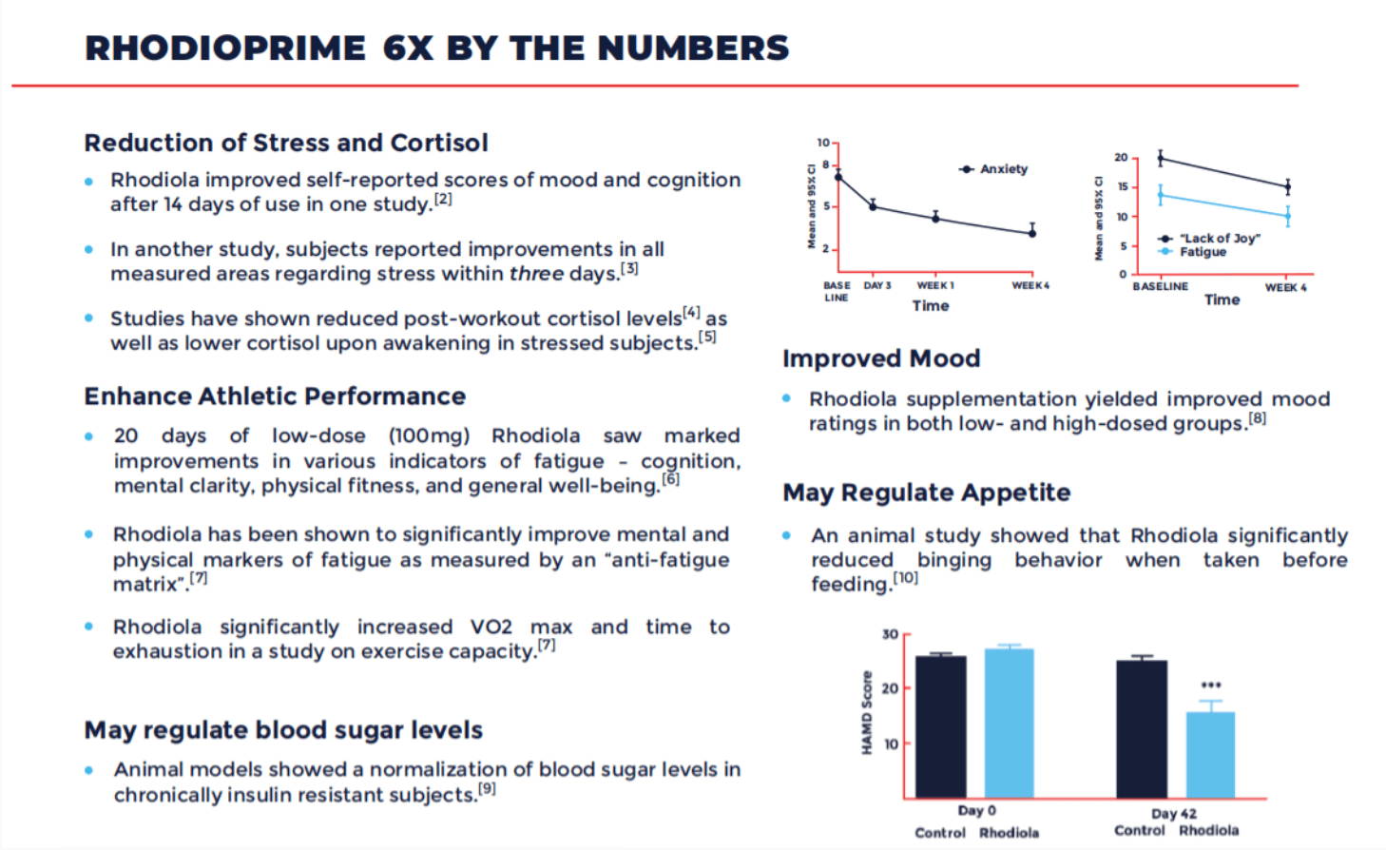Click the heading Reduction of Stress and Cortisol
286,143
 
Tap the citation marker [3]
629,269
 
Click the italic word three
536,274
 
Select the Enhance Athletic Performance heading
275,396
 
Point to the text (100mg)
429,435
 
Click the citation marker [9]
487,789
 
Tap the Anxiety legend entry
993,169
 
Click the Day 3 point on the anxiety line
873,206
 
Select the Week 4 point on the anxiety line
1032,233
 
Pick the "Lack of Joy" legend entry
1209,239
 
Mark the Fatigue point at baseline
1160,196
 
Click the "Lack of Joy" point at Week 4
1288,187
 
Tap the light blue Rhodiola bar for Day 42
1210,755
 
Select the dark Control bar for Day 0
940,726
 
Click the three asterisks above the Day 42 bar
1211,686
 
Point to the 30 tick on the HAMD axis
890,634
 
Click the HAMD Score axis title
867,712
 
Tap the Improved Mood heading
881,358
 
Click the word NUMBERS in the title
693,48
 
